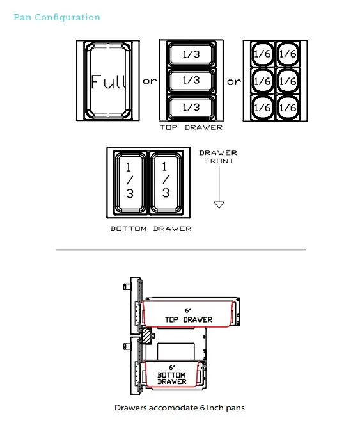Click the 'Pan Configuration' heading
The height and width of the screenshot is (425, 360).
57,17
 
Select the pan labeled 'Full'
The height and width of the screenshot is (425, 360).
108,81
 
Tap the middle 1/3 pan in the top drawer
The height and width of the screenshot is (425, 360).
191,81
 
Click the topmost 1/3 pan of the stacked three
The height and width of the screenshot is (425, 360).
191,54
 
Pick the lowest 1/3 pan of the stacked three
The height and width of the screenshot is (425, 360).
191,107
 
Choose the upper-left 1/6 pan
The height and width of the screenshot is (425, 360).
262,54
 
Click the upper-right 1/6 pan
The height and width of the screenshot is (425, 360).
288,54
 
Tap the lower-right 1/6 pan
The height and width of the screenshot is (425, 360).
288,108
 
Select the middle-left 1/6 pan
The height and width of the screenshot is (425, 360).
262,81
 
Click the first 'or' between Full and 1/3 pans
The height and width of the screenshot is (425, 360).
150,81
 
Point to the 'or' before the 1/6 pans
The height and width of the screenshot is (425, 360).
234,81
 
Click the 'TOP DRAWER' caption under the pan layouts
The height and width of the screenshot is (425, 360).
191,127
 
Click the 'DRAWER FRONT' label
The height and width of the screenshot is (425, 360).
218,157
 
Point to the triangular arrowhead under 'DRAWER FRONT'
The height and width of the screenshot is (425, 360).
219,204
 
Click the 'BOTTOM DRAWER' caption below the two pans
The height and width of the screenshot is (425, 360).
151,229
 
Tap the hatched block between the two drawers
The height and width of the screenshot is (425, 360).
146,337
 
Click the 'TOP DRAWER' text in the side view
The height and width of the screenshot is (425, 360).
189,320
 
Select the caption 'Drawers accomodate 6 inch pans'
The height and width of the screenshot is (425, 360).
180,408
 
